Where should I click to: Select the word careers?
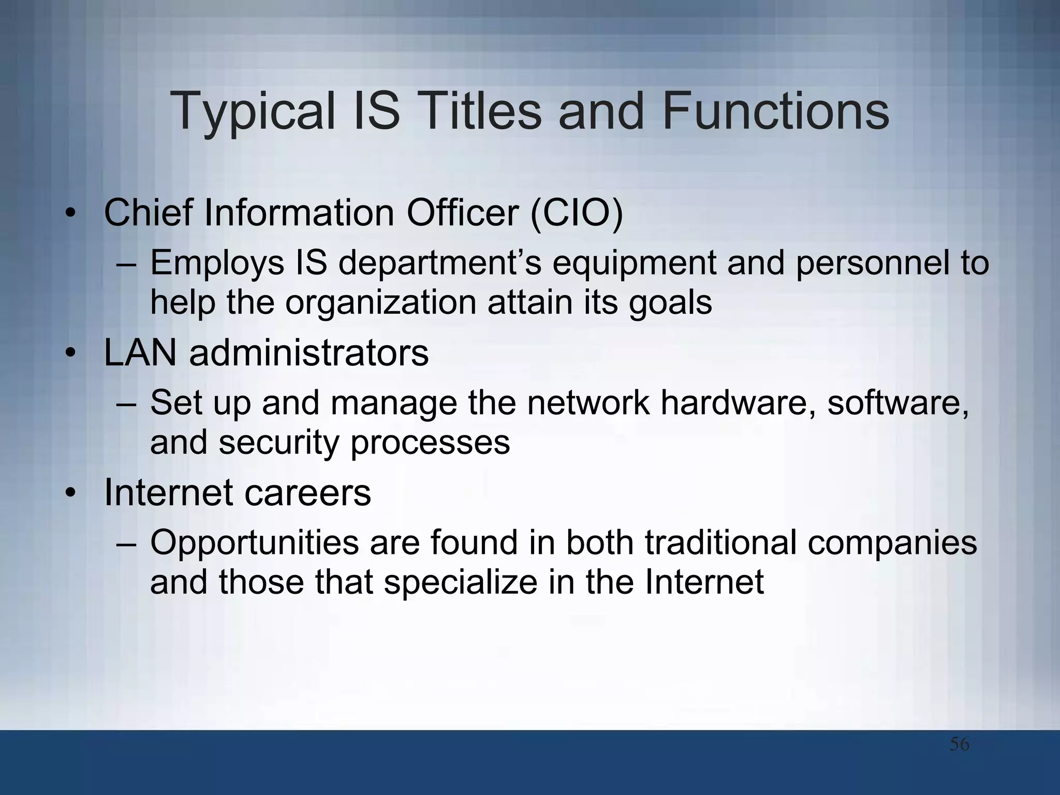pos(307,492)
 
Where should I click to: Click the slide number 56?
pos(959,744)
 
